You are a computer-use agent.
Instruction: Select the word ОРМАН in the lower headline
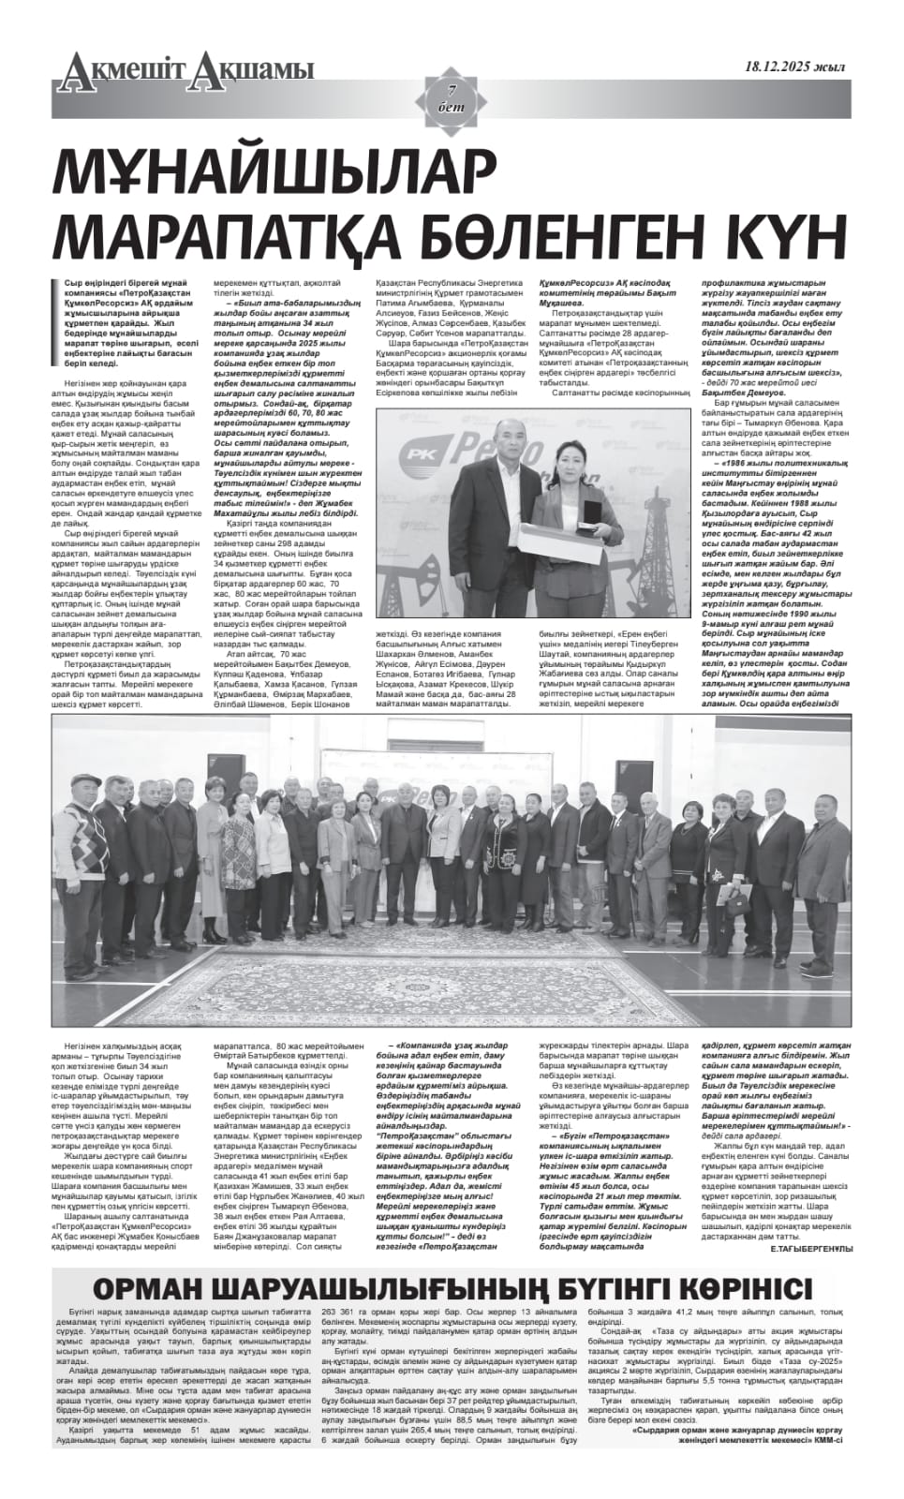(x=161, y=1286)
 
